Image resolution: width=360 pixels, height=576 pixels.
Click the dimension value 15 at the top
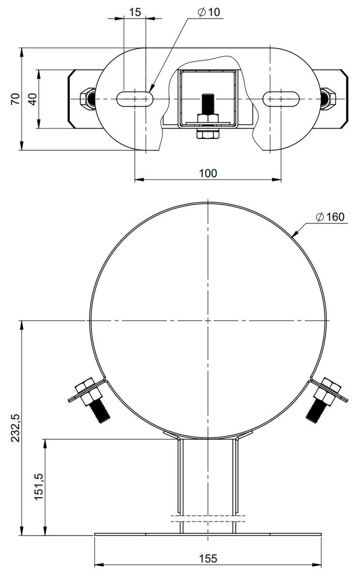point(135,12)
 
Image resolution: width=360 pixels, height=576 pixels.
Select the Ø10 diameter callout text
point(209,12)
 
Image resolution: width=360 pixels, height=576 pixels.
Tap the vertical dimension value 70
point(15,99)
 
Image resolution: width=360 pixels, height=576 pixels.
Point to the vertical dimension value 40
point(33,99)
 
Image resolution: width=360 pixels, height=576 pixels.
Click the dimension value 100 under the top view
point(208,173)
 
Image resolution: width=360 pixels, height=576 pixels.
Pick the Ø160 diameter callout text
point(330,217)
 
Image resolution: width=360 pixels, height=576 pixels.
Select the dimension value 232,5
point(15,427)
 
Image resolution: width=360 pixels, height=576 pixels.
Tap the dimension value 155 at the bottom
point(208,558)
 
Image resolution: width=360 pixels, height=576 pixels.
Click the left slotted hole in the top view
point(135,99)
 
